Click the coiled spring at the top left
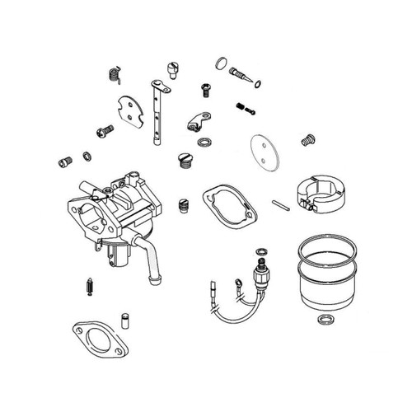pyautogui.click(x=115, y=74)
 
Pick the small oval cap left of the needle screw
pyautogui.click(x=219, y=63)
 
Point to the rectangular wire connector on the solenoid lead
pyautogui.click(x=210, y=288)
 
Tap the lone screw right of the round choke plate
pyautogui.click(x=310, y=139)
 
